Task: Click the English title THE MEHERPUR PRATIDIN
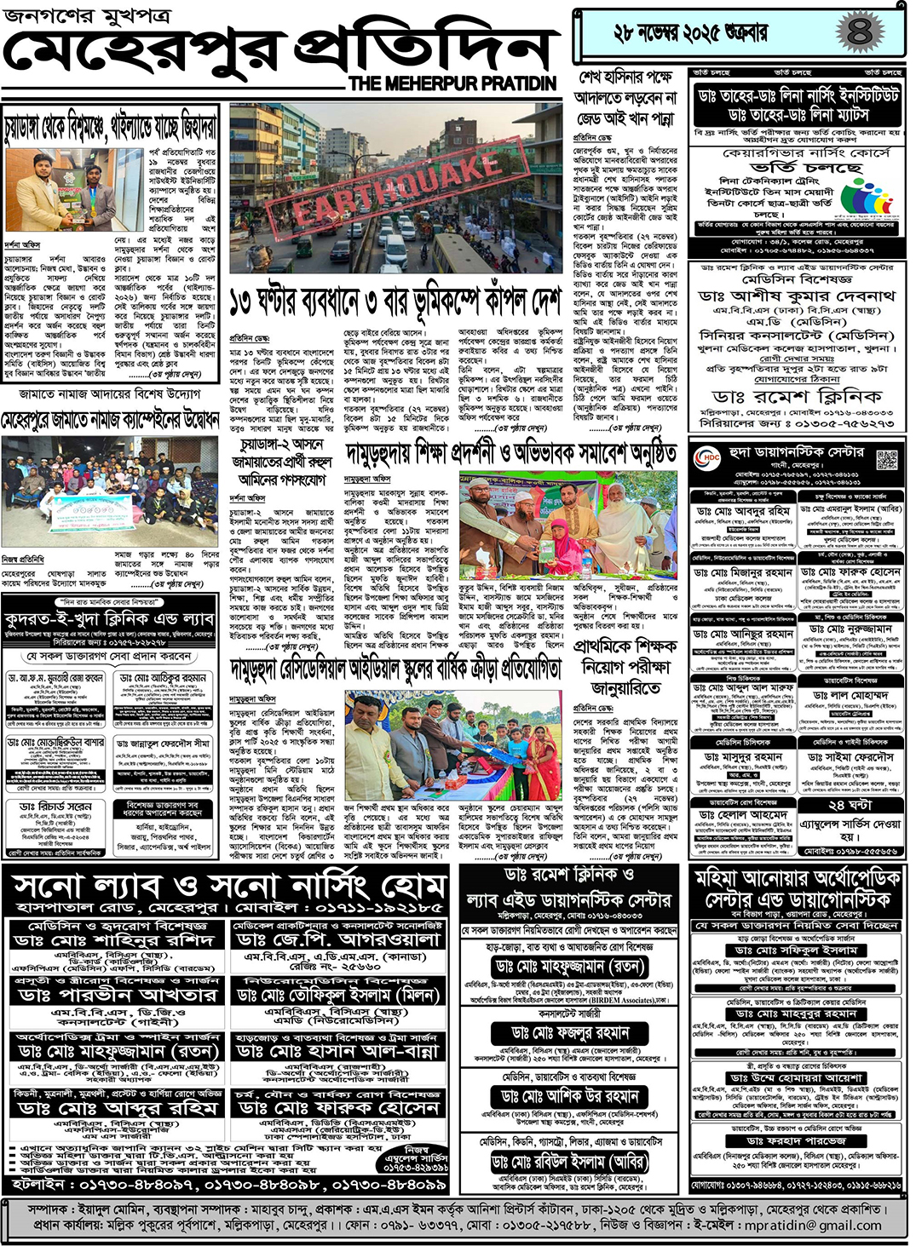(x=452, y=83)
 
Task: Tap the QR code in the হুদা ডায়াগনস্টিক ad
(x=886, y=460)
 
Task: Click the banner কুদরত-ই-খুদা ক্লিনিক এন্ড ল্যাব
(x=109, y=619)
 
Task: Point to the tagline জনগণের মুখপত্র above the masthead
(x=86, y=15)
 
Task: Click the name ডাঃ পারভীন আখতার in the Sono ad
(x=117, y=995)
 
